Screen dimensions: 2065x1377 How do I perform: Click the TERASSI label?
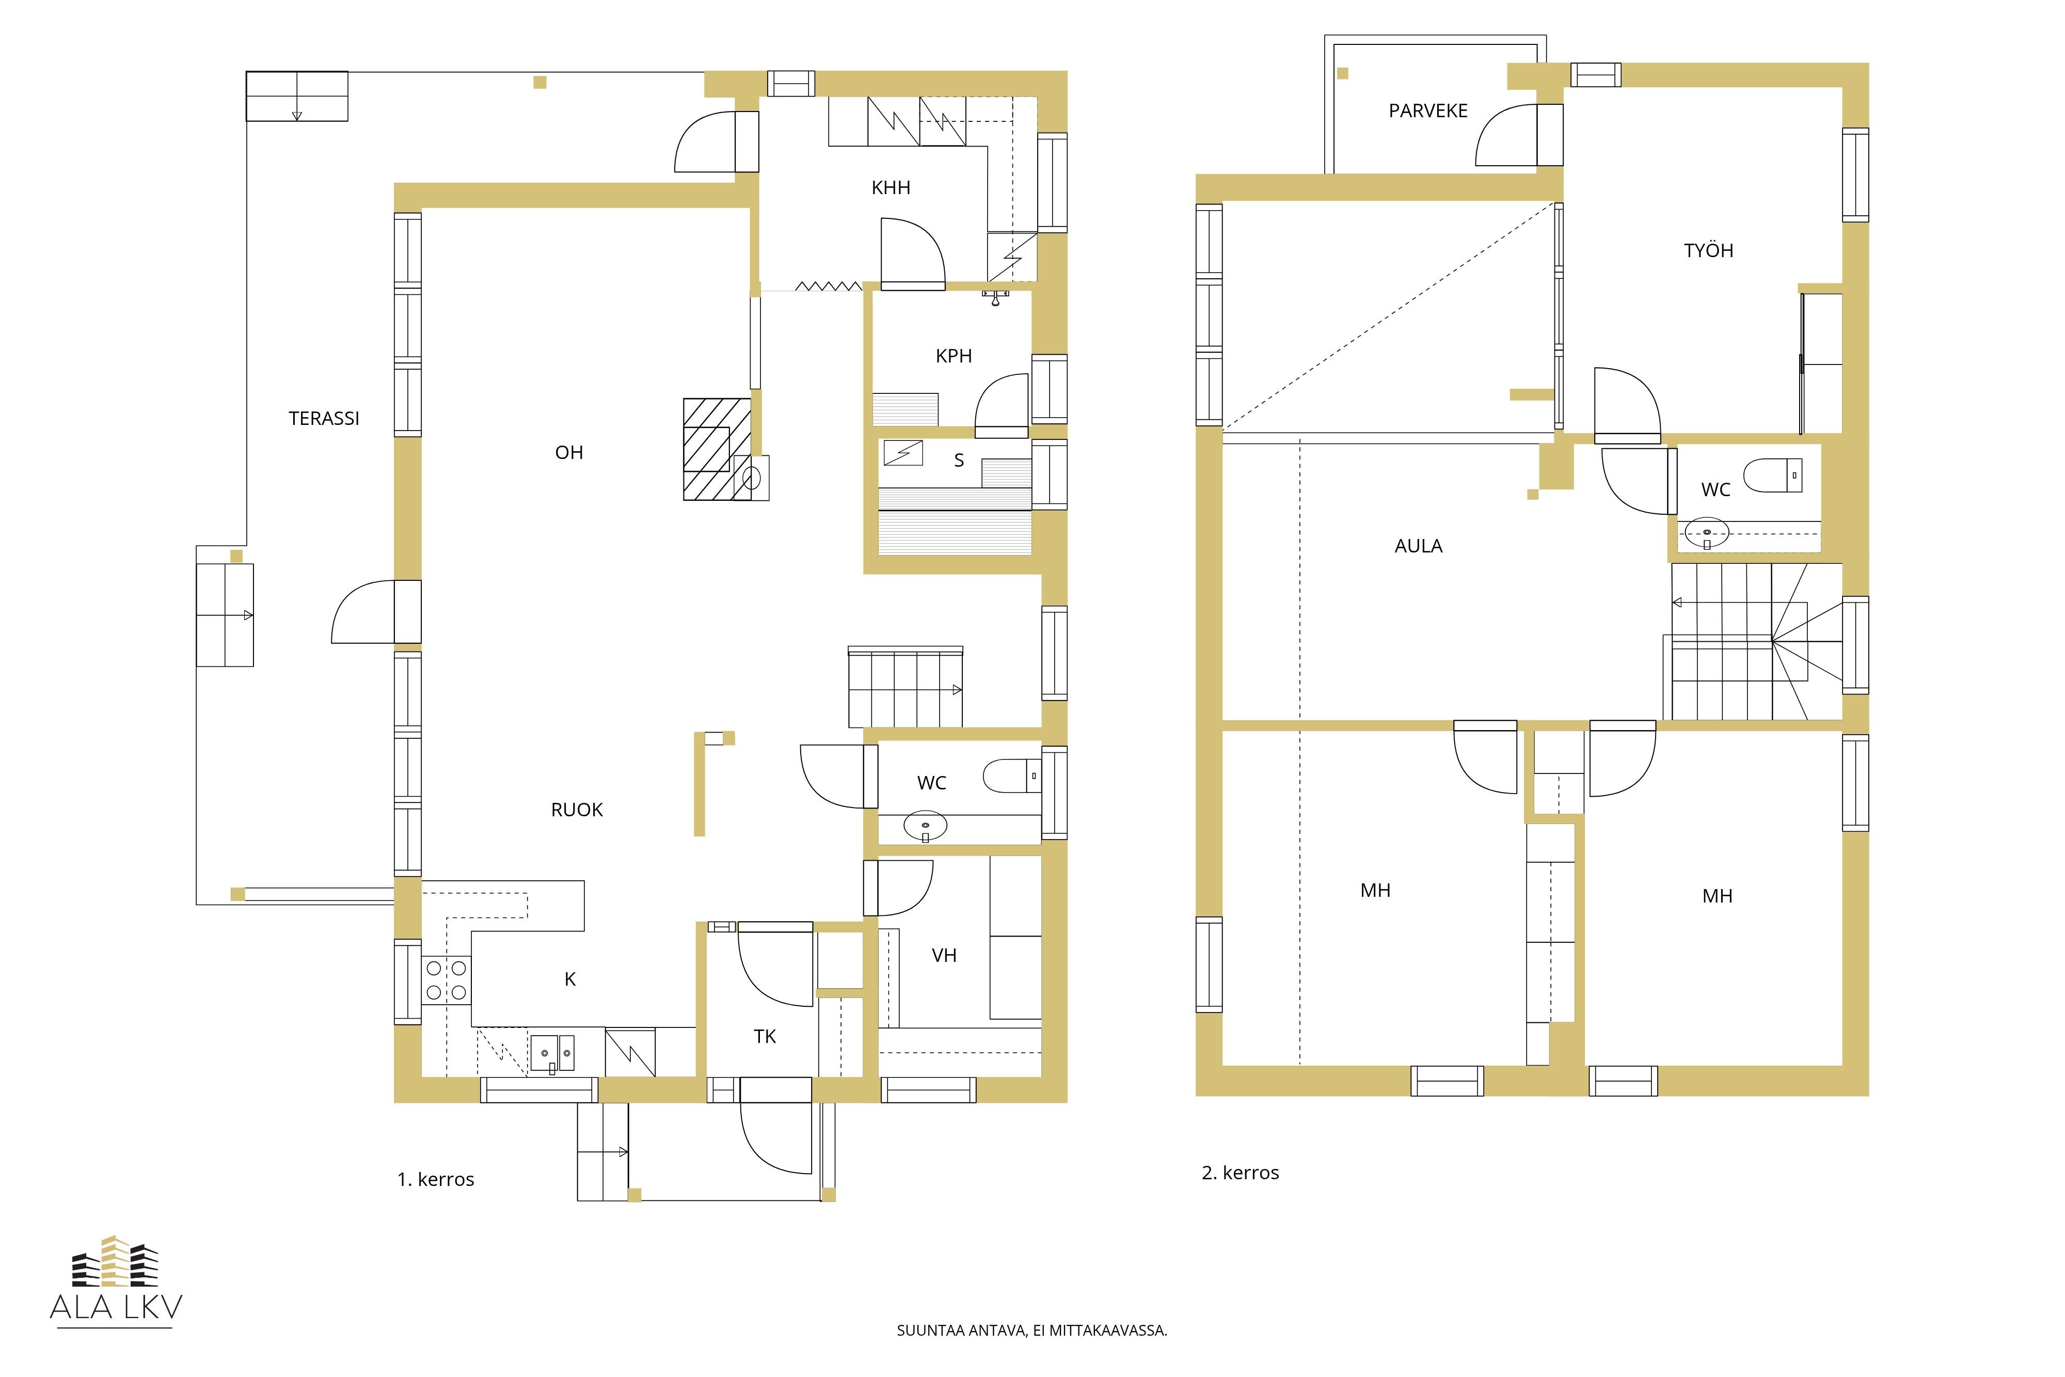[x=324, y=419]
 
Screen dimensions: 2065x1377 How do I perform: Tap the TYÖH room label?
[x=1709, y=250]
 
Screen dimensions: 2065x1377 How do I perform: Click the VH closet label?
[x=944, y=956]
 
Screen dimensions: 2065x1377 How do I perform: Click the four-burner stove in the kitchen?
[x=446, y=980]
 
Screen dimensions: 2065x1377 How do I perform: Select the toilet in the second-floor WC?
[x=1773, y=475]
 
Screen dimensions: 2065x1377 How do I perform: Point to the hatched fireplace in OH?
[x=717, y=450]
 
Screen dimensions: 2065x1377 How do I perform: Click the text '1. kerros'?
[x=436, y=1179]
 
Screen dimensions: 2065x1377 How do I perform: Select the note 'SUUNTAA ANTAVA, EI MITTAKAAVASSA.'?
[x=1031, y=1331]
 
